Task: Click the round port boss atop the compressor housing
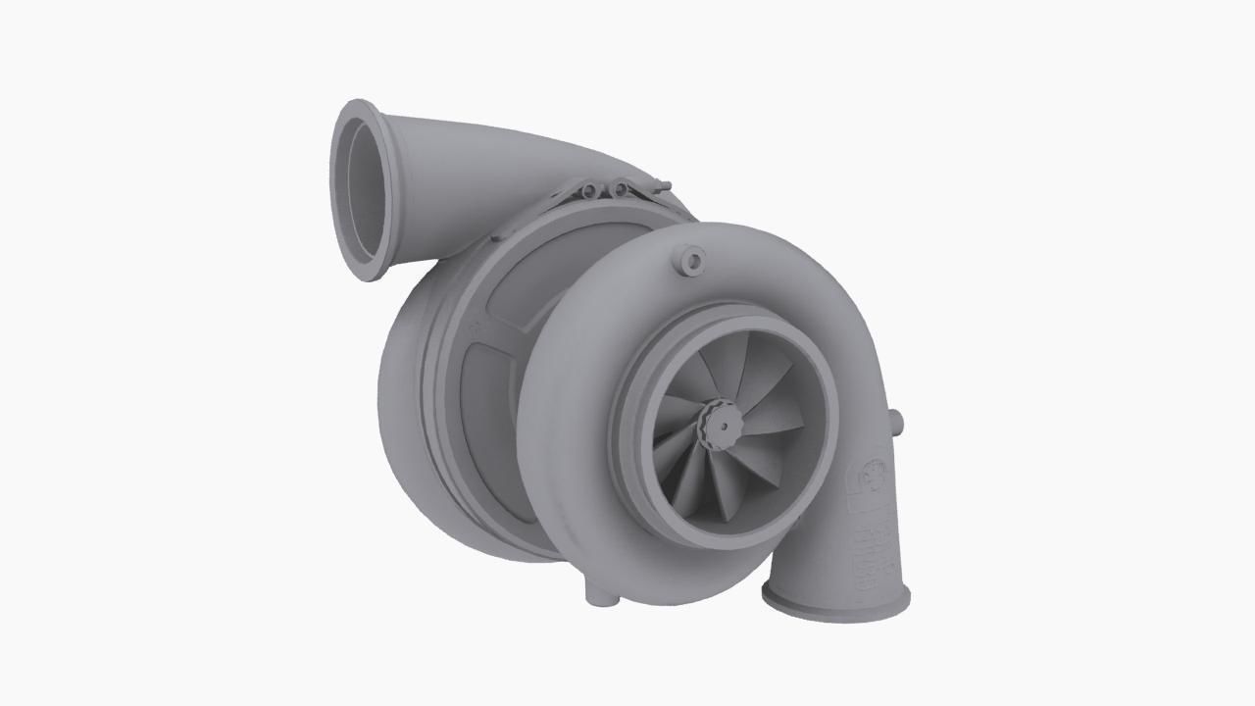pos(691,261)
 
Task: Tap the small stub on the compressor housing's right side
pos(895,422)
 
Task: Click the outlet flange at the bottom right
pos(835,597)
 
